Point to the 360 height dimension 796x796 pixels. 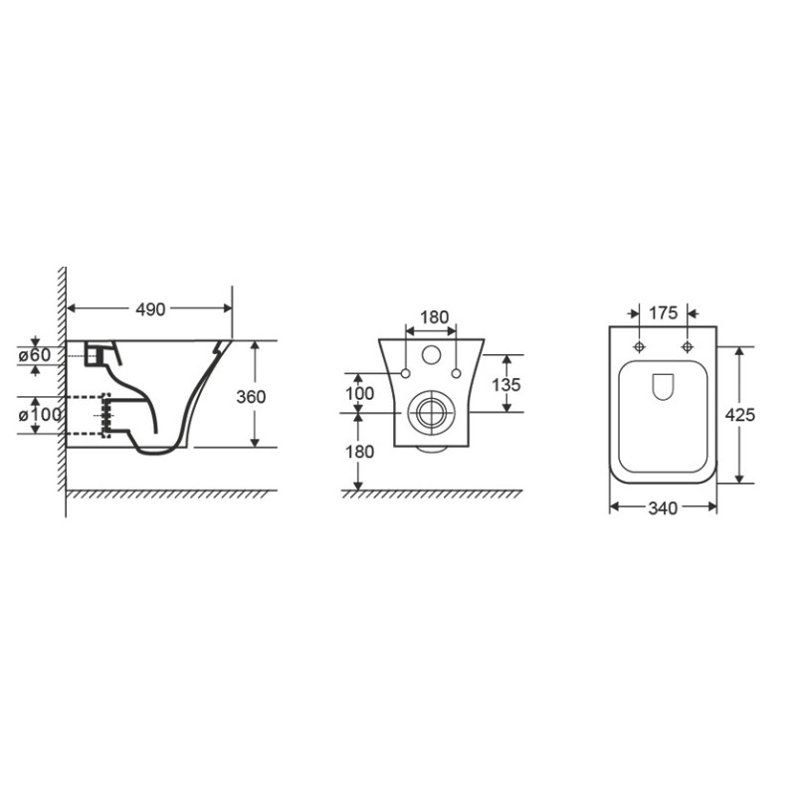tap(252, 395)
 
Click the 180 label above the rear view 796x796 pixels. tap(434, 317)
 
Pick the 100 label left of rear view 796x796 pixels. tap(359, 394)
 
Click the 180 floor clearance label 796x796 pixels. tap(359, 452)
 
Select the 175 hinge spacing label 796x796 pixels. tap(663, 312)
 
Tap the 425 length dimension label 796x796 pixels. tap(740, 415)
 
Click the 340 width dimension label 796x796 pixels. tap(663, 508)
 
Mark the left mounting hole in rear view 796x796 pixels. tap(406, 373)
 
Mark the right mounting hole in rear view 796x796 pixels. tap(456, 373)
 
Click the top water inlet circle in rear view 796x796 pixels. tap(431, 353)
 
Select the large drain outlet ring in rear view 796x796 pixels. tap(430, 412)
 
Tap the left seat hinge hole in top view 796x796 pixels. tap(638, 346)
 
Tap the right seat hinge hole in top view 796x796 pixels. tap(688, 346)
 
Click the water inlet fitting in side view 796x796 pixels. tap(97, 353)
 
